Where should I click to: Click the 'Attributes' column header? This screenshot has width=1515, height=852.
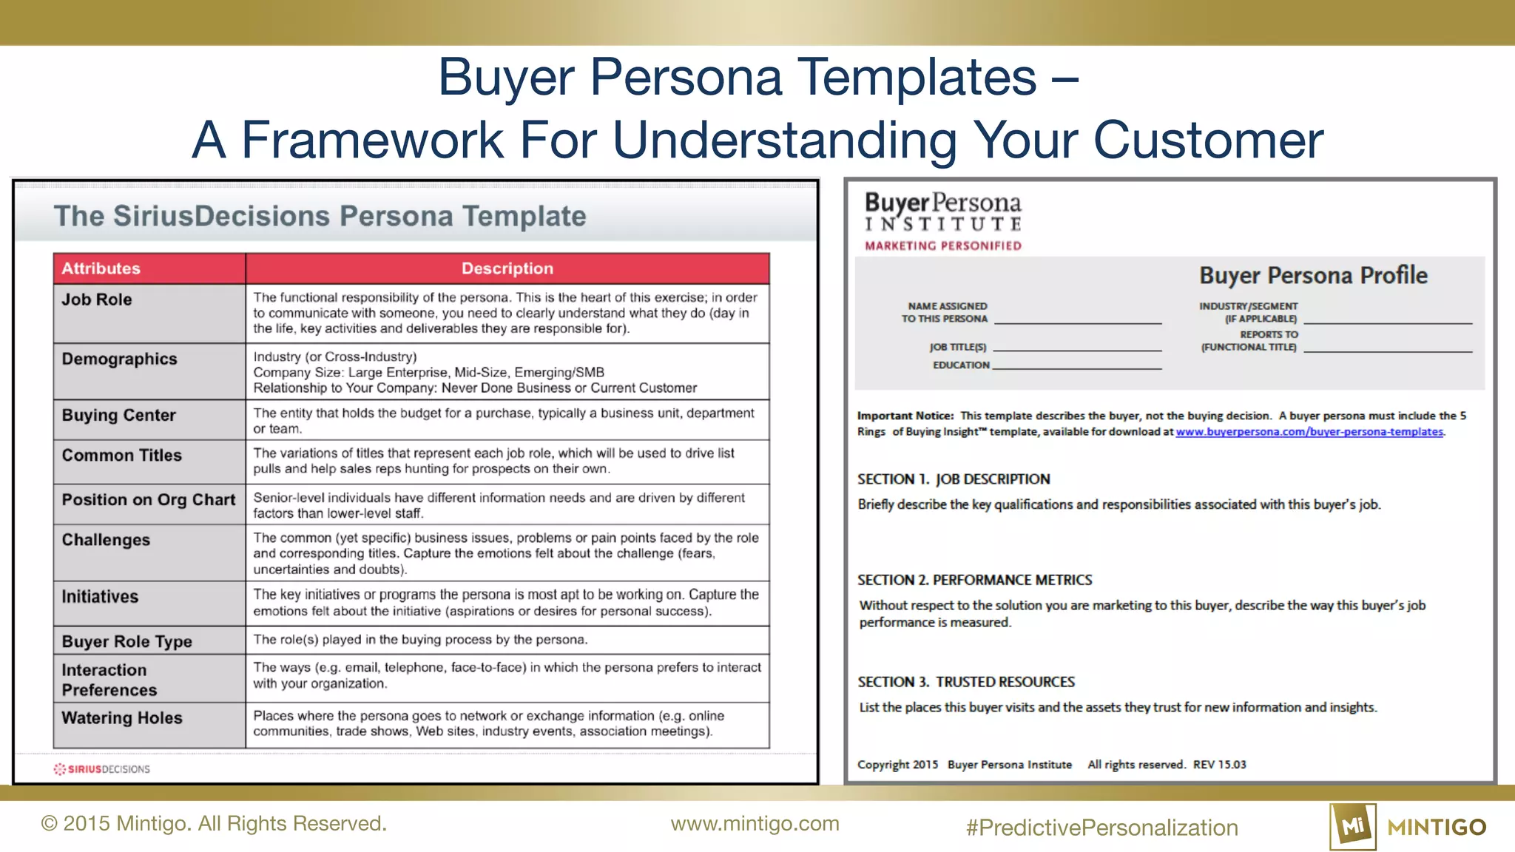[101, 268]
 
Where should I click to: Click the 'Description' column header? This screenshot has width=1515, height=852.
[507, 268]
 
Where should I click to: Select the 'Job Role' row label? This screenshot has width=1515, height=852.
[97, 300]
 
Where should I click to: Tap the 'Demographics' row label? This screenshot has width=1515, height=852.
[119, 359]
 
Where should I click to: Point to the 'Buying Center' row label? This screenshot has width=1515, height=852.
[118, 415]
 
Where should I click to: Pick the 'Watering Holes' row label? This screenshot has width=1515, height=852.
[121, 717]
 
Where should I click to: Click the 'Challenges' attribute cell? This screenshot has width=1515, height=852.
[106, 540]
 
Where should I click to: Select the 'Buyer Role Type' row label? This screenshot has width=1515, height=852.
[126, 641]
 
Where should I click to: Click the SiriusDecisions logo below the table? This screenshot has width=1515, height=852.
[102, 769]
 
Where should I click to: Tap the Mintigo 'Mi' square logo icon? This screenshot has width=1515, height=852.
[1353, 826]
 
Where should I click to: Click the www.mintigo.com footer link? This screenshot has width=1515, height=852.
[755, 823]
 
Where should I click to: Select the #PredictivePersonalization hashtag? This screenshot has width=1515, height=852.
[1101, 827]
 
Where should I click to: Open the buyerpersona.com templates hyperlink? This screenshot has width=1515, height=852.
[1309, 432]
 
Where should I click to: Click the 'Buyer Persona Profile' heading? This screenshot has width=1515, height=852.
[1313, 275]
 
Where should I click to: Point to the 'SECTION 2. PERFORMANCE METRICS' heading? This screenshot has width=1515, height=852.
[974, 580]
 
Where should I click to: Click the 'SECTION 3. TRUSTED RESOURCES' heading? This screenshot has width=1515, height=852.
[965, 682]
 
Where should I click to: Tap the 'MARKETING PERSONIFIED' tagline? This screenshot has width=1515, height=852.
[943, 246]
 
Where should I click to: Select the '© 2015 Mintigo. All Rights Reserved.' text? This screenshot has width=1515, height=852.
[214, 823]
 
